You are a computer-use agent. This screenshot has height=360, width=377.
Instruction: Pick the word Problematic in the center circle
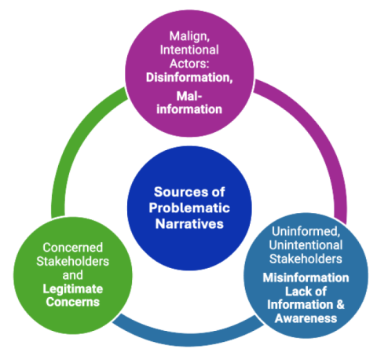point(189,207)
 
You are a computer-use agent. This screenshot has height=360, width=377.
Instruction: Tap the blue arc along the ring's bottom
point(188,334)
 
